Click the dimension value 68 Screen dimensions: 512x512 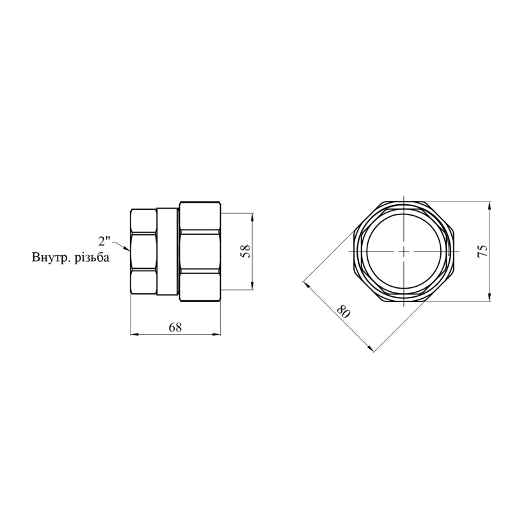point(175,327)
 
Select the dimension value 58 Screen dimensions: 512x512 point(246,251)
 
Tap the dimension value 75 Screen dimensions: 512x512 point(483,251)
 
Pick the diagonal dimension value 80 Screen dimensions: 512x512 point(343,312)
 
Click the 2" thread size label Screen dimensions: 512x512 point(104,241)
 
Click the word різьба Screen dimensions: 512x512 point(92,258)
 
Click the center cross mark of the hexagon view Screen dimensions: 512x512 point(404,252)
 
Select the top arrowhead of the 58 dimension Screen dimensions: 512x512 point(252,217)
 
